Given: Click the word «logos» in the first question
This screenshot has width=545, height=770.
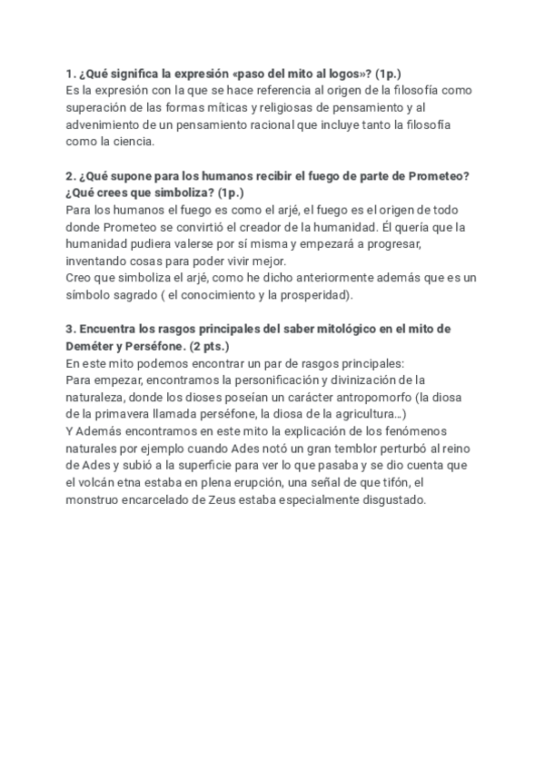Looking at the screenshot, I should coord(322,73).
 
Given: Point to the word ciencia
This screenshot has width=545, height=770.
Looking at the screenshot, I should coord(134,142).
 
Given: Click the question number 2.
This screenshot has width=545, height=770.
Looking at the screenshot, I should coord(70,175).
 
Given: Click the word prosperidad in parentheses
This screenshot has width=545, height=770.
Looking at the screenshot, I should coord(316,295).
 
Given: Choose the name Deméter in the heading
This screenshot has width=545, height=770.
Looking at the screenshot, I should coord(95,346).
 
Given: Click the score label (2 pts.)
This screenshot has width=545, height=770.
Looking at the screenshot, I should coord(210,346).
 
